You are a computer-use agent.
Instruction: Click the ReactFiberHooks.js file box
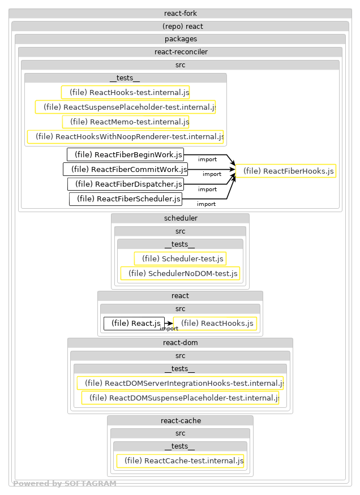click(x=285, y=171)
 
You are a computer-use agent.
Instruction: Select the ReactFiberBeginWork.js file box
click(x=126, y=154)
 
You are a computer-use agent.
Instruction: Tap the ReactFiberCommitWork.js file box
click(x=125, y=169)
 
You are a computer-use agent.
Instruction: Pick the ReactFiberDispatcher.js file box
click(x=126, y=184)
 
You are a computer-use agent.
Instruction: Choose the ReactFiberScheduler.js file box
click(x=126, y=199)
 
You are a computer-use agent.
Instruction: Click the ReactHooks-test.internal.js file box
click(x=125, y=92)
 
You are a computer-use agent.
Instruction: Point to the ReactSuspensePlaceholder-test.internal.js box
click(x=125, y=107)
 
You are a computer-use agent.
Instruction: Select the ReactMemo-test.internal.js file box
click(x=125, y=122)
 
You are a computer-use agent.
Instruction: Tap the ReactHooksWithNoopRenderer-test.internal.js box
click(x=125, y=136)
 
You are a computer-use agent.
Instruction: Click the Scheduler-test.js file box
click(x=180, y=259)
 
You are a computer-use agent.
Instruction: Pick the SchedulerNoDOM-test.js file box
click(x=180, y=273)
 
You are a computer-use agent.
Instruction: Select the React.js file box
click(x=134, y=324)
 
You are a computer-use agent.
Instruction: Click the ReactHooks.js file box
click(x=215, y=324)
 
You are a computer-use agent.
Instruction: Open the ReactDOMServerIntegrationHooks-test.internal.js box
click(x=180, y=383)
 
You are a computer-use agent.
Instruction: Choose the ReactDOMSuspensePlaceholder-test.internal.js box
click(x=180, y=398)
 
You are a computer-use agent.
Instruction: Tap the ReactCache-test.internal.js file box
click(x=180, y=461)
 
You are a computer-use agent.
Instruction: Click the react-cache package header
click(x=180, y=421)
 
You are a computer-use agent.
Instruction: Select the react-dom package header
click(x=180, y=343)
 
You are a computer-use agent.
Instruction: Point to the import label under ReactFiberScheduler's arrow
click(x=206, y=204)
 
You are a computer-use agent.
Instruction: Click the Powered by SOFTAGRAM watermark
click(x=65, y=484)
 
